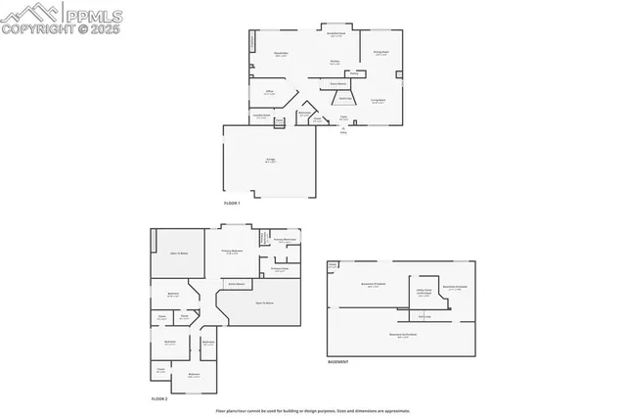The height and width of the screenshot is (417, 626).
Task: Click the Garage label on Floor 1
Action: pyautogui.click(x=270, y=159)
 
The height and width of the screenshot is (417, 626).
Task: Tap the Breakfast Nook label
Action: pyautogui.click(x=335, y=34)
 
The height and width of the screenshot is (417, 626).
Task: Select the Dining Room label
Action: pyautogui.click(x=381, y=53)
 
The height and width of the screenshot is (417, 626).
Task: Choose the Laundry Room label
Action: pyautogui.click(x=261, y=116)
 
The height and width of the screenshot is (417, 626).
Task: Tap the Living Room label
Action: pyautogui.click(x=378, y=100)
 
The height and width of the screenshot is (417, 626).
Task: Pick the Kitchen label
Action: pyautogui.click(x=335, y=62)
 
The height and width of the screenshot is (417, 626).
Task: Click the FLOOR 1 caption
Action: pyautogui.click(x=232, y=202)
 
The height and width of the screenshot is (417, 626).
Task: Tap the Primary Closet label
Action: pyautogui.click(x=279, y=268)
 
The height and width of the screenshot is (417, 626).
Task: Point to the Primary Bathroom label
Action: pyautogui.click(x=286, y=240)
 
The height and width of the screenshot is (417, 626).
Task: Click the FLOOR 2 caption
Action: pyautogui.click(x=159, y=399)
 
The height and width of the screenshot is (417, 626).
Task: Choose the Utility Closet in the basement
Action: pyautogui.click(x=424, y=291)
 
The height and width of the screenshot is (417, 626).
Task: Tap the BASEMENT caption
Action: pyautogui.click(x=338, y=362)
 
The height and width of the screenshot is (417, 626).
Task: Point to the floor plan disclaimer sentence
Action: pyautogui.click(x=312, y=410)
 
